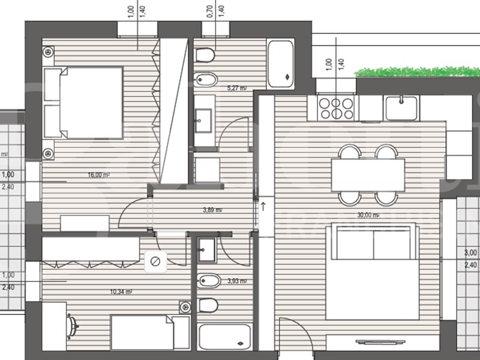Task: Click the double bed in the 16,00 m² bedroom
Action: click(x=84, y=104)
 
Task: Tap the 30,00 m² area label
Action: click(x=368, y=215)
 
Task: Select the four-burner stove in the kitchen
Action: click(x=336, y=108)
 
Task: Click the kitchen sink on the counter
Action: click(x=400, y=108)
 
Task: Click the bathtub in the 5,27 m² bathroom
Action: click(x=280, y=64)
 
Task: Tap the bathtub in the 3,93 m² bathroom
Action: click(x=225, y=337)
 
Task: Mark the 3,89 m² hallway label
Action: click(x=212, y=210)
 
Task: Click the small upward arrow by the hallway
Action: click(x=263, y=206)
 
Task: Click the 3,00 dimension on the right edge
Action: click(x=470, y=253)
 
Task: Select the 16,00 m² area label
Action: click(x=98, y=175)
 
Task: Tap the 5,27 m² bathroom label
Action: click(x=236, y=88)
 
